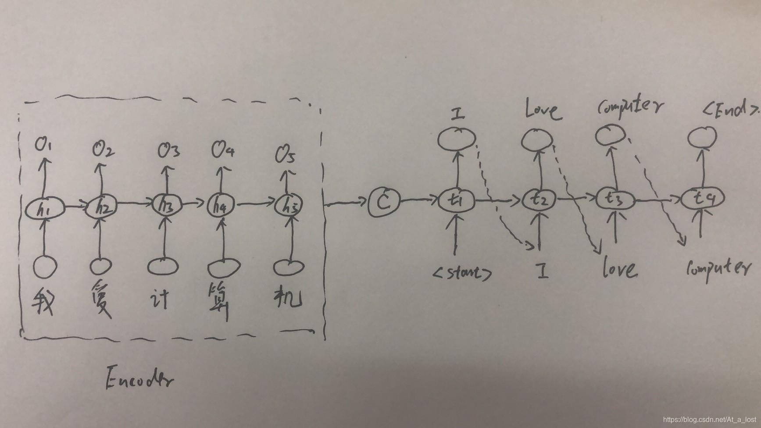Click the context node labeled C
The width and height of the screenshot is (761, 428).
384,202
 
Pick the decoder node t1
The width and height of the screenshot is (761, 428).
457,200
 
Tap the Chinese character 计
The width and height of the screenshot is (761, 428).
160,298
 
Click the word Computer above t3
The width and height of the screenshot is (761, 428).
630,107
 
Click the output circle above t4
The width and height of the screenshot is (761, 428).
702,137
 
